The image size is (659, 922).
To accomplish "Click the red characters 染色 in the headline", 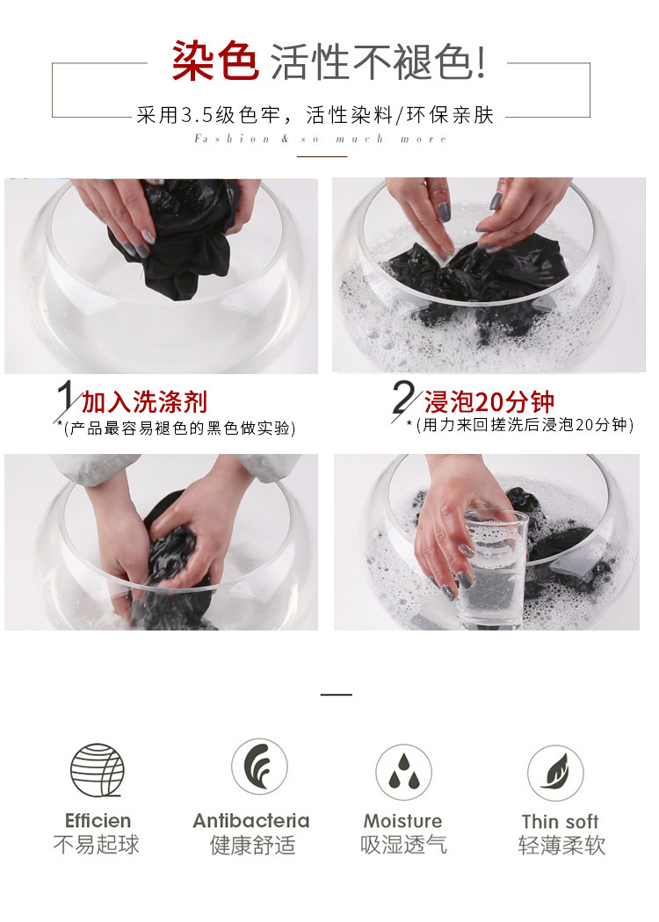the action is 214,60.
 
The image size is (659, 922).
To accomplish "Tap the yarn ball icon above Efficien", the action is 97,770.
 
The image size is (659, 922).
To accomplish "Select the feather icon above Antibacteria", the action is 259,767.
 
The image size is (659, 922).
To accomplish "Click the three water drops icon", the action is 403,773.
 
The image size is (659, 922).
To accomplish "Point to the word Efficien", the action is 98,820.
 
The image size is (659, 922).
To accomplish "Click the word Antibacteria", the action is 251,820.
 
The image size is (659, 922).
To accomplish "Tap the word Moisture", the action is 403,820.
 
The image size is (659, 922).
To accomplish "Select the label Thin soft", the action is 561,821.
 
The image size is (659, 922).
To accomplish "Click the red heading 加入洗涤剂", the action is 144,402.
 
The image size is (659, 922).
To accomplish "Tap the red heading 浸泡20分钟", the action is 489,402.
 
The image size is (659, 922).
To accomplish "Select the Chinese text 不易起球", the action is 97,845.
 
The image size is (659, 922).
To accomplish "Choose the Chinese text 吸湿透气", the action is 403,845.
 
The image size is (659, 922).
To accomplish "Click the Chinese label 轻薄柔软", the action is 561,845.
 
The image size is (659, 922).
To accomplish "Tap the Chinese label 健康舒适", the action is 252,845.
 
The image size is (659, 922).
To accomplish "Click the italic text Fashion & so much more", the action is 321,139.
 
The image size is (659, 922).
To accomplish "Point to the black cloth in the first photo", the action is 177,238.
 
